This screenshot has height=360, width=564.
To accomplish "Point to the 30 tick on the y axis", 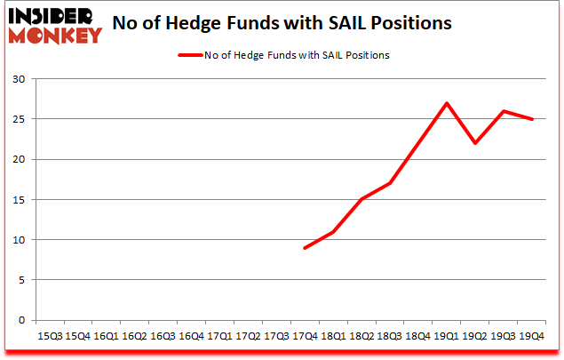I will pyautogui.click(x=19, y=79).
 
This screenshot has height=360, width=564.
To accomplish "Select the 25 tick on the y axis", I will pyautogui.click(x=19, y=119).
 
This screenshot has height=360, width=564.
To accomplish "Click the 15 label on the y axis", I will pyautogui.click(x=19, y=199).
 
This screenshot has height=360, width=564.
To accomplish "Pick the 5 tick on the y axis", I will pyautogui.click(x=21, y=280).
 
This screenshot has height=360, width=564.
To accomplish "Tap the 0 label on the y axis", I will pyautogui.click(x=21, y=320).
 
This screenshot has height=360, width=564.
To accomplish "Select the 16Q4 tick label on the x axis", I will pyautogui.click(x=191, y=337).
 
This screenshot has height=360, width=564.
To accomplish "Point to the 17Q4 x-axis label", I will pyautogui.click(x=305, y=337).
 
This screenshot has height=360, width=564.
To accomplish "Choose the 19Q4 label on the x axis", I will pyautogui.click(x=532, y=337).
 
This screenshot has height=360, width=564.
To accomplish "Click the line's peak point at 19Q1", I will pyautogui.click(x=447, y=103).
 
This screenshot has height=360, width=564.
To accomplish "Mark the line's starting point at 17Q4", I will pyautogui.click(x=305, y=248).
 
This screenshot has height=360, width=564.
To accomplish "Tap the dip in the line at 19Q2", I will pyautogui.click(x=475, y=143).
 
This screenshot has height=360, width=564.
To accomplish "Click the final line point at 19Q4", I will pyautogui.click(x=532, y=119).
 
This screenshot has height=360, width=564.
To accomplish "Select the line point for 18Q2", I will pyautogui.click(x=361, y=199).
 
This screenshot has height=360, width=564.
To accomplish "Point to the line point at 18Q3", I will pyautogui.click(x=390, y=183).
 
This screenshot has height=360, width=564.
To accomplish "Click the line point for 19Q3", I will pyautogui.click(x=504, y=111).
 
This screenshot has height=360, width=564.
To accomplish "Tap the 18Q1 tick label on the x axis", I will pyautogui.click(x=333, y=337).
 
